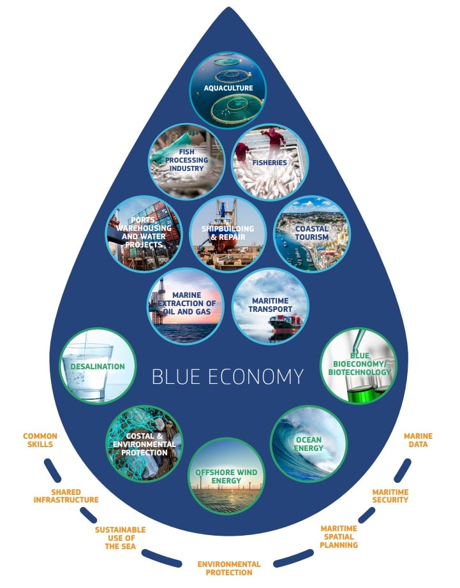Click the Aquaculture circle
tap(228, 89)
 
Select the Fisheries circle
tap(269, 161)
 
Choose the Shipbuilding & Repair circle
tap(228, 233)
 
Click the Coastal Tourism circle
tap(311, 233)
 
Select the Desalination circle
tap(98, 366)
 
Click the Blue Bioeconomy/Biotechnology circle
tap(357, 366)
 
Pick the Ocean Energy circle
tap(309, 443)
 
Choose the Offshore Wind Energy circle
tap(226, 476)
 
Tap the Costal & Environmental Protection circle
tap(144, 444)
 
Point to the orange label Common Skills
tap(40, 441)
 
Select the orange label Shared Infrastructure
tap(66, 496)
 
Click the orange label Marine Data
tap(418, 441)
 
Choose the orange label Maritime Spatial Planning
tap(339, 537)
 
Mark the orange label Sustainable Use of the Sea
tap(120, 538)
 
